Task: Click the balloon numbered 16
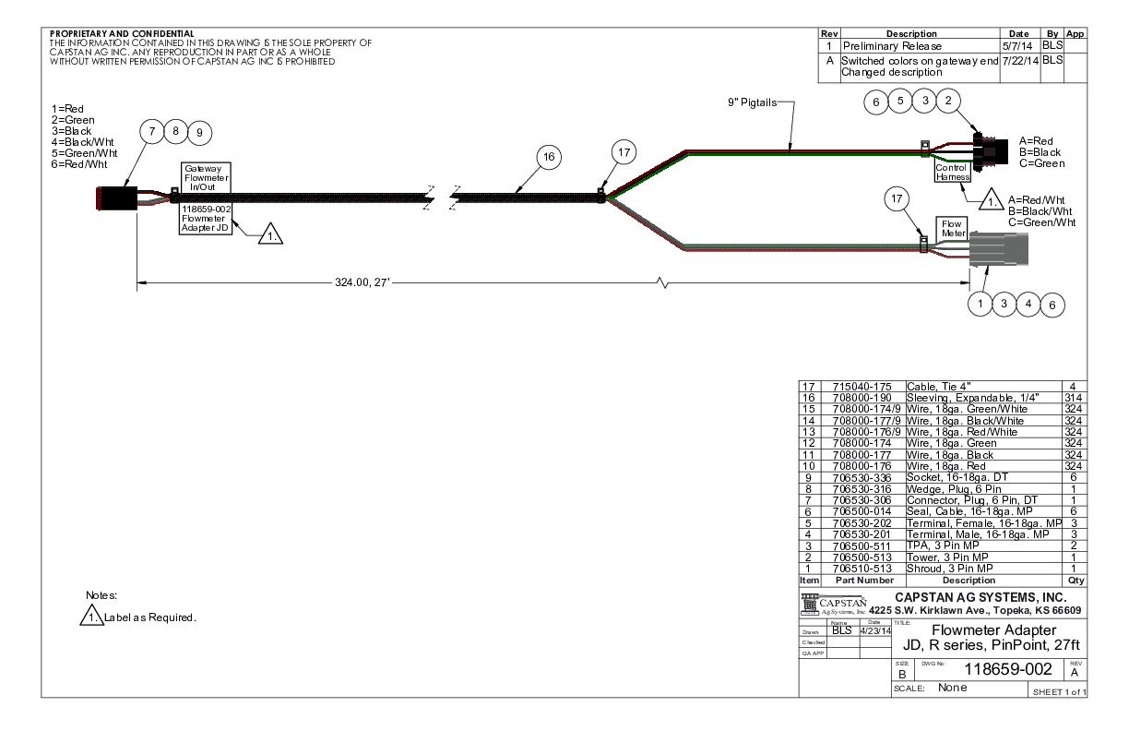[x=549, y=158]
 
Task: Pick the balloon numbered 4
[x=1027, y=302]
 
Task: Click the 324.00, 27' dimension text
[x=363, y=282]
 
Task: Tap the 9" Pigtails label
[x=751, y=102]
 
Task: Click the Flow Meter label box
[x=953, y=229]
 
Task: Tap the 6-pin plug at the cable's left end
[x=116, y=197]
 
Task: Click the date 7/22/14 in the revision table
[x=1019, y=60]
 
